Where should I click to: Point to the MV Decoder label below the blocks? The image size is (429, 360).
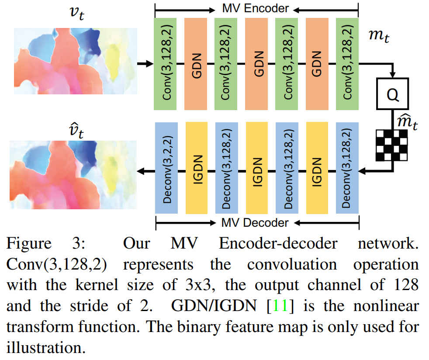pyautogui.click(x=256, y=223)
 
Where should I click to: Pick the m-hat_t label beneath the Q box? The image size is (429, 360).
pyautogui.click(x=406, y=124)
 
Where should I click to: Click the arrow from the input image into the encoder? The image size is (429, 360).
pyautogui.click(x=145, y=64)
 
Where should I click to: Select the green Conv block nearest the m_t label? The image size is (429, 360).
pyautogui.click(x=347, y=64)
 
